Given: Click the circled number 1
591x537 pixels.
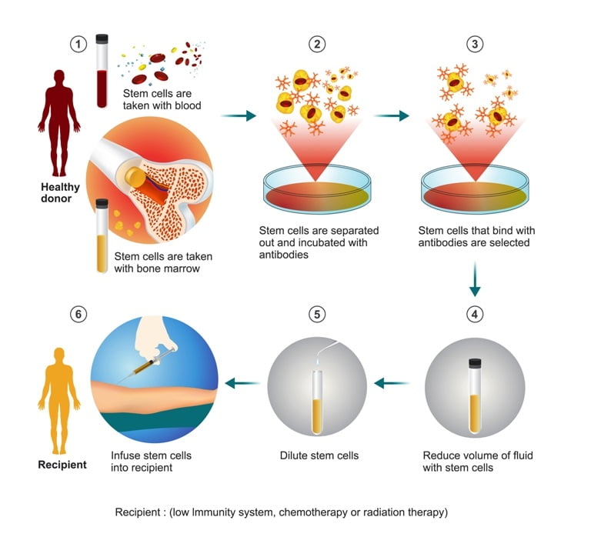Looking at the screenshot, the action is coord(78,44).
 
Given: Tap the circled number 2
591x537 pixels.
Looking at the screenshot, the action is coord(317,44).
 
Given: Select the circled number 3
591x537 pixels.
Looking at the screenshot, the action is coord(475,44).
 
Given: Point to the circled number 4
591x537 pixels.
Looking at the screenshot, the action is coord(475,315).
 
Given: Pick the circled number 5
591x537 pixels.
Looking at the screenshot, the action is coord(317,315).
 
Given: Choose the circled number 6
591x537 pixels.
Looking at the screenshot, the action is coord(78,315).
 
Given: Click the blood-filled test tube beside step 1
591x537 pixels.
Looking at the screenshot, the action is coord(102,71).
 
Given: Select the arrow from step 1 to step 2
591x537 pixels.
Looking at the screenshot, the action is coord(239,115).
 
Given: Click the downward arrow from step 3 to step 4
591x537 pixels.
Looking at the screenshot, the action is coord(475,279).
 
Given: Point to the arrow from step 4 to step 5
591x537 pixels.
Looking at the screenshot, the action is coord(391,383).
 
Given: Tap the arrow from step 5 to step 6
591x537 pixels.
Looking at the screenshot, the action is coord(242,383).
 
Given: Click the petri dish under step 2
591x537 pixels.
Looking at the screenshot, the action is coord(317,189).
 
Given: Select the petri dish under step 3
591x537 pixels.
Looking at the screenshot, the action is coord(475,189).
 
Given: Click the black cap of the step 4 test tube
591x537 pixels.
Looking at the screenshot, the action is coord(475,363).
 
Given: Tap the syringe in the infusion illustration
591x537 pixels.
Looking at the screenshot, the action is coord(147,365).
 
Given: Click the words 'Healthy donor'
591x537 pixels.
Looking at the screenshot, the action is coord(60,192).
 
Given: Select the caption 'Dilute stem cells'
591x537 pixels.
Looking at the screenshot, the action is coord(319,455).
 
